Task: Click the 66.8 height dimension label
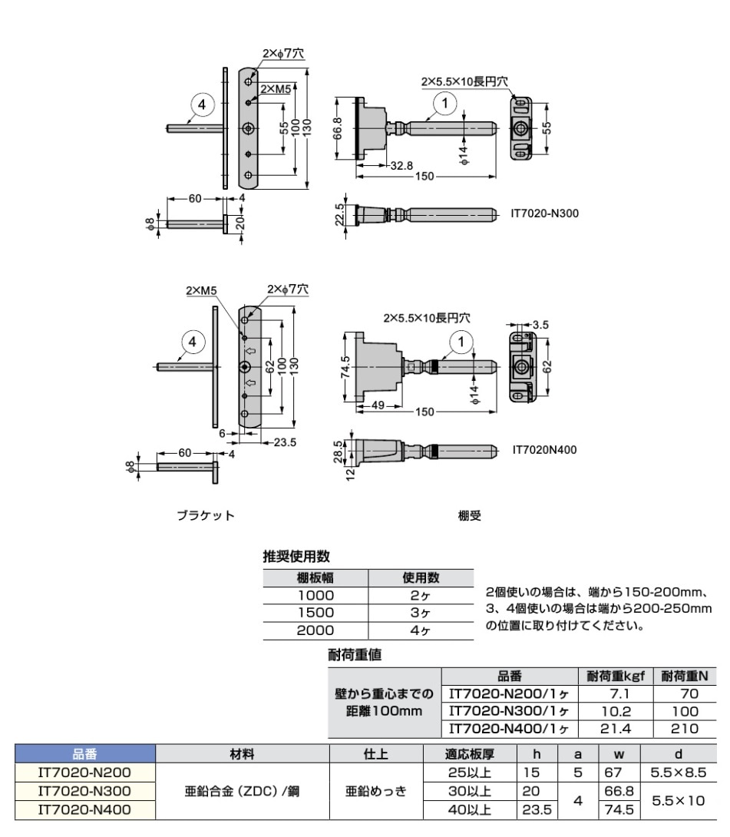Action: click(339, 129)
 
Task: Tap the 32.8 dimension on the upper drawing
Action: click(401, 166)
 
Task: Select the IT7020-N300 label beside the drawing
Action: click(544, 213)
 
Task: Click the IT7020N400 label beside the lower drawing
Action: click(544, 450)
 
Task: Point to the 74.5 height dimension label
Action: click(345, 367)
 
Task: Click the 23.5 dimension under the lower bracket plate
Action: click(285, 442)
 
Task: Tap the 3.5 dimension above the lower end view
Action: click(540, 325)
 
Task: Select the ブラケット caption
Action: click(206, 516)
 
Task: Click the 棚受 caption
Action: click(470, 516)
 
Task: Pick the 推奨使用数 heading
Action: click(296, 556)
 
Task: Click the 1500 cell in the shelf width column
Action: click(315, 613)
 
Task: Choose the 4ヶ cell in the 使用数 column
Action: click(421, 630)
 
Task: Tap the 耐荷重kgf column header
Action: click(616, 677)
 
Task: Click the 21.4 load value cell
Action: click(616, 729)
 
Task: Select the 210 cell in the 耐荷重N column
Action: click(685, 729)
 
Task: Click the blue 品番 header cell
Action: click(85, 754)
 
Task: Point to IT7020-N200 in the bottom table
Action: click(85, 772)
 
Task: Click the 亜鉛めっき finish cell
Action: click(376, 791)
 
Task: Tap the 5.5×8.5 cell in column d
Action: click(679, 772)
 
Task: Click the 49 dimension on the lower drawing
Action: click(378, 405)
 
